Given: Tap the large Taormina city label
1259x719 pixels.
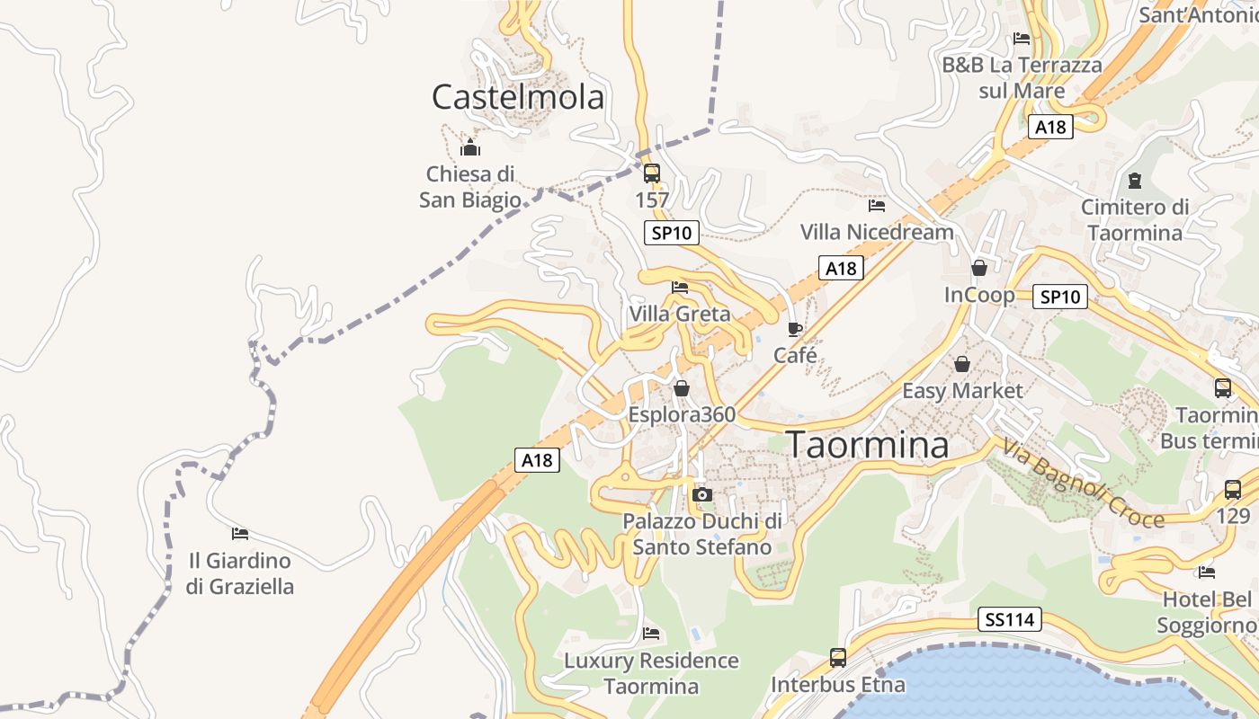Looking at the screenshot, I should pyautogui.click(x=868, y=445).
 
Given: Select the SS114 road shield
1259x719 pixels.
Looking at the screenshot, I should pyautogui.click(x=1010, y=619).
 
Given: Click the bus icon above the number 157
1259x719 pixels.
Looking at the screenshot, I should pyautogui.click(x=652, y=173).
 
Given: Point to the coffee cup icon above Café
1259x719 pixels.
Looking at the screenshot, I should pyautogui.click(x=794, y=329).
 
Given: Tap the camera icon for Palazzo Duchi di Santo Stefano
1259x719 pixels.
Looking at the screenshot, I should pyautogui.click(x=702, y=494).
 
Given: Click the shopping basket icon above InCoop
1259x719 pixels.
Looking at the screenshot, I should pyautogui.click(x=979, y=268).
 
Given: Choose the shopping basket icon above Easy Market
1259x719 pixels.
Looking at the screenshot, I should pyautogui.click(x=962, y=364).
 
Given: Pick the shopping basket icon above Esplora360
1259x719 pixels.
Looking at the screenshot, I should pyautogui.click(x=682, y=388).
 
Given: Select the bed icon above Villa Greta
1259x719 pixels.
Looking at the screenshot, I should pyautogui.click(x=680, y=288).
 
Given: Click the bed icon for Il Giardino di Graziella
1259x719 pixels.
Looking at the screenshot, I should pyautogui.click(x=239, y=534).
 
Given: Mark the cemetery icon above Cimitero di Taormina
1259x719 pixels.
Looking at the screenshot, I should pyautogui.click(x=1134, y=181).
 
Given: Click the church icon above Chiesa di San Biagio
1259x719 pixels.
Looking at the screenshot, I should pyautogui.click(x=469, y=148).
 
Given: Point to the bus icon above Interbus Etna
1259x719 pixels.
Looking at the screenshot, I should pyautogui.click(x=838, y=658).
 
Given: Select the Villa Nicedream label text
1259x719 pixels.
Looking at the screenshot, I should pyautogui.click(x=877, y=232).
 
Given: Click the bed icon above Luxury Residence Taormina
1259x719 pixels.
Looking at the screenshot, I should pyautogui.click(x=651, y=634).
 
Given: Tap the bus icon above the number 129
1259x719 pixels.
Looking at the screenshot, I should pyautogui.click(x=1233, y=490).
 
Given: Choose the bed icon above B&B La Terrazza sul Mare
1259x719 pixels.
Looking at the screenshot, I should pyautogui.click(x=1022, y=39).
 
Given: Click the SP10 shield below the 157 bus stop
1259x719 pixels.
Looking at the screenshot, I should pyautogui.click(x=672, y=234).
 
